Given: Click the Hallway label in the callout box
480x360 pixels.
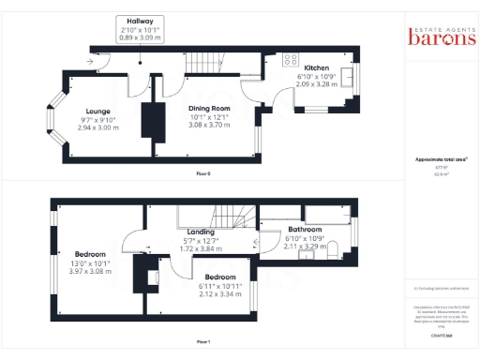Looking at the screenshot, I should pos(139,21).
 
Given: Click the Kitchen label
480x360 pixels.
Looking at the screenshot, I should pos(314,67).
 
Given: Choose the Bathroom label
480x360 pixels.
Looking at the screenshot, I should pos(305,229).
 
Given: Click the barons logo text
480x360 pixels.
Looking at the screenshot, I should pos(441,37).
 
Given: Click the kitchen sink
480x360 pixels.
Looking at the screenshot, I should pos(344,74).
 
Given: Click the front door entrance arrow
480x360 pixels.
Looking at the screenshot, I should pos(90,61).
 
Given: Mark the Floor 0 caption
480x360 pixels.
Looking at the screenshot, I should pos(203,174).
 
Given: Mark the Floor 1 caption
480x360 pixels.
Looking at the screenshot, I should pos(203,341).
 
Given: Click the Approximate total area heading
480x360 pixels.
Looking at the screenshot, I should pos(440,159).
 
